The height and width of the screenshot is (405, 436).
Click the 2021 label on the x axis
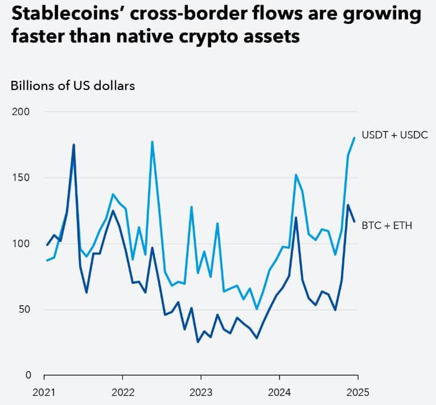click(44, 392)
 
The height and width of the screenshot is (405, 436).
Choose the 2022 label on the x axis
click(122, 392)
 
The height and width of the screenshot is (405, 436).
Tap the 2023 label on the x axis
click(201, 392)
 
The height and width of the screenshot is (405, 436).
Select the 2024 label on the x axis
click(279, 392)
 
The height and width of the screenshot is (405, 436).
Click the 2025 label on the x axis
click(357, 392)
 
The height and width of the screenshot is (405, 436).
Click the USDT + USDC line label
click(394, 135)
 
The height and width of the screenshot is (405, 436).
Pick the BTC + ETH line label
click(386, 226)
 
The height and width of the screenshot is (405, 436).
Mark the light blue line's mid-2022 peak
click(152, 142)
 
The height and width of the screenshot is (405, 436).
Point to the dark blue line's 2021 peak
click(73, 145)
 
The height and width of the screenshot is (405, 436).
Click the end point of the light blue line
click(355, 137)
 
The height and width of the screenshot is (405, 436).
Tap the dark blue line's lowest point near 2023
click(198, 342)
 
